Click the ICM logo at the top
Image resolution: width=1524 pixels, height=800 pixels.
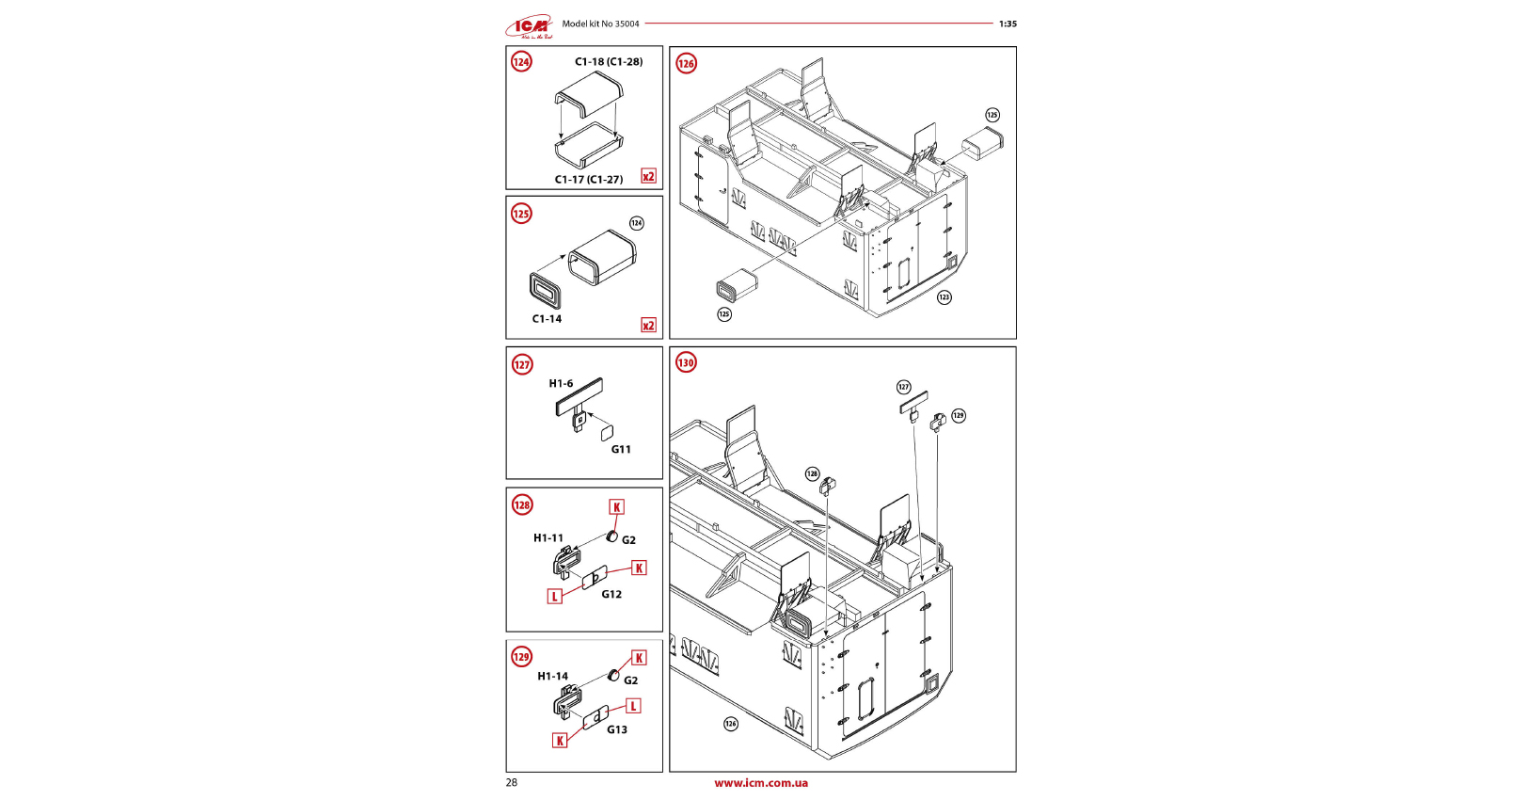(x=530, y=26)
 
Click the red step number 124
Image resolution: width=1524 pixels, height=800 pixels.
(x=521, y=62)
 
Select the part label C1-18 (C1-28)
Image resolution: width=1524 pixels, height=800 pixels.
(x=609, y=62)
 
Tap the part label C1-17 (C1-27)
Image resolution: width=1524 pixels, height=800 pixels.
(x=588, y=180)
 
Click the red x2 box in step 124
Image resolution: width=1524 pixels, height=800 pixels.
(x=648, y=176)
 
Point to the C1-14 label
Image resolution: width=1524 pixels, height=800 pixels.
(x=547, y=319)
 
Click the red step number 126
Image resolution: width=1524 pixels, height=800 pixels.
(x=687, y=64)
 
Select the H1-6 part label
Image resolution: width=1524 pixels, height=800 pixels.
(x=561, y=384)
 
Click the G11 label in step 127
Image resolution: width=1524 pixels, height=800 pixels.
(x=621, y=450)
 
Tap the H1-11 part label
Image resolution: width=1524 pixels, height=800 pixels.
(x=548, y=538)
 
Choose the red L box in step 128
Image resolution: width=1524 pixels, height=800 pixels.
(x=555, y=596)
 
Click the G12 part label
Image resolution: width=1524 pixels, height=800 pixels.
(x=611, y=595)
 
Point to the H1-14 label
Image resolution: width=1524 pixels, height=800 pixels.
(x=552, y=677)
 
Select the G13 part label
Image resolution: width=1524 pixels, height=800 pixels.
(x=616, y=730)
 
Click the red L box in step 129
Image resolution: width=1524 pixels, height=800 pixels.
(x=633, y=706)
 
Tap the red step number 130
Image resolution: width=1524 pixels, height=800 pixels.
(x=687, y=363)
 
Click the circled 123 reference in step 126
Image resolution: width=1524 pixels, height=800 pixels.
(x=944, y=297)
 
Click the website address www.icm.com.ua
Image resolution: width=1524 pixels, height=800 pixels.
(x=760, y=783)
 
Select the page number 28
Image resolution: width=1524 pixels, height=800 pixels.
(x=512, y=783)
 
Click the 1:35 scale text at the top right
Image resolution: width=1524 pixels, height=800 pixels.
(x=1008, y=24)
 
